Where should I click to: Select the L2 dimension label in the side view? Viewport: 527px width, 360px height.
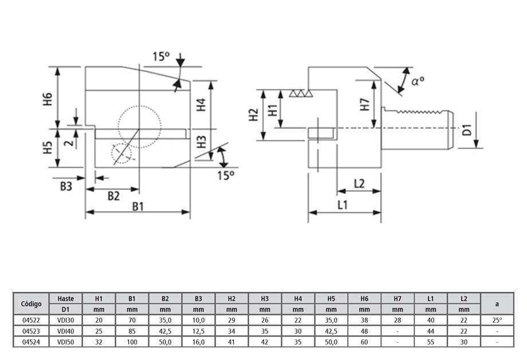click(x=359, y=184)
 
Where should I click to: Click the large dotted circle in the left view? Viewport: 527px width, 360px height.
click(x=140, y=126)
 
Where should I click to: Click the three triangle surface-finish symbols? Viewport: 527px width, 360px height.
click(x=301, y=93)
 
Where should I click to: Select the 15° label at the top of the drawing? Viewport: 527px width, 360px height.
click(x=162, y=57)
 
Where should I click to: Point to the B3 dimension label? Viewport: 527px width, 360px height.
click(x=67, y=185)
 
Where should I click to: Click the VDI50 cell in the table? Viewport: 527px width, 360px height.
click(x=65, y=342)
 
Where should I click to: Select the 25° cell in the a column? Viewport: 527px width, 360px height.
click(x=496, y=320)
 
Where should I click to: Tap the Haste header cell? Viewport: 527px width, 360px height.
click(x=65, y=298)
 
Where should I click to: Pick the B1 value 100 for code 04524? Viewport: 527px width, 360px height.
click(x=132, y=342)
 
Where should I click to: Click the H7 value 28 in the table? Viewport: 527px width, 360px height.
click(x=398, y=320)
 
